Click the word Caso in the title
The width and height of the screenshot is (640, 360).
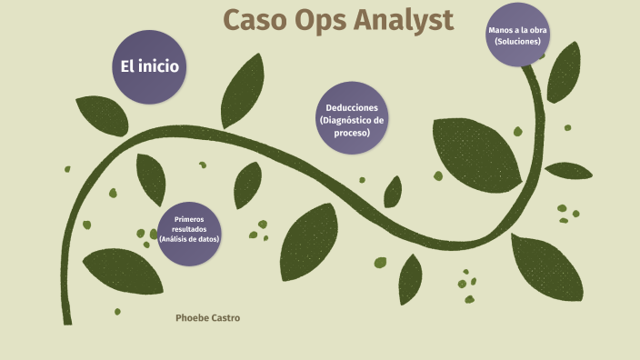255,21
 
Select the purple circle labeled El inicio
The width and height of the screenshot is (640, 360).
148,66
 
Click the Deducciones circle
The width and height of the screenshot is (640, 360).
353,119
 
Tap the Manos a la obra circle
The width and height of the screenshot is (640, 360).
517,35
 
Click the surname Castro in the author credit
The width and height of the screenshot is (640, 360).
228,318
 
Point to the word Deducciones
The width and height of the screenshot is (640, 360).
353,107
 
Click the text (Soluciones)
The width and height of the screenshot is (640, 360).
517,42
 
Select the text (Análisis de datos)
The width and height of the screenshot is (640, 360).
189,238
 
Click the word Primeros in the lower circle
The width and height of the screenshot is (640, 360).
189,219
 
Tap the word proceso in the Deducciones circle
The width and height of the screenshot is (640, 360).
352,133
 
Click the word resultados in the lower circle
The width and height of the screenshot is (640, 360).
189,229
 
